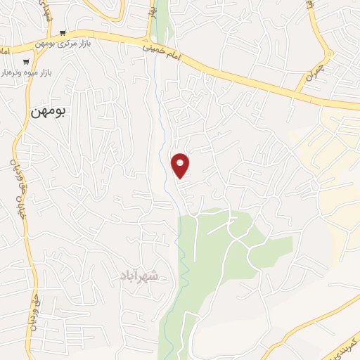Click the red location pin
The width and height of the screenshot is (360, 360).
(x=181, y=165)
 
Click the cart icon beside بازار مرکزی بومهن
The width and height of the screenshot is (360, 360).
(x=63, y=32)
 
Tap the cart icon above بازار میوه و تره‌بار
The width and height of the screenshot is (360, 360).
(x=26, y=61)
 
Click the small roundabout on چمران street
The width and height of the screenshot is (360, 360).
(x=328, y=55)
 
